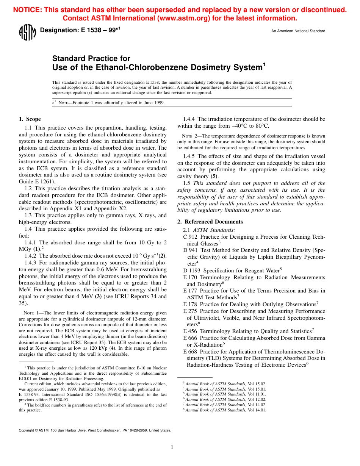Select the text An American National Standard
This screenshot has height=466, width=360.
click(298, 31)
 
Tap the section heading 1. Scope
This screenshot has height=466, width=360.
click(30, 119)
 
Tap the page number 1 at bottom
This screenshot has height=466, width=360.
click(172, 447)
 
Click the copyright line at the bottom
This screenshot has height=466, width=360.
click(95, 430)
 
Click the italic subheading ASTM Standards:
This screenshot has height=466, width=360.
click(214, 230)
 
